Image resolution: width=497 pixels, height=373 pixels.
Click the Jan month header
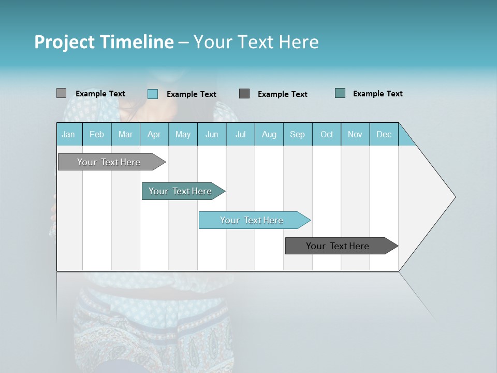(x=68, y=134)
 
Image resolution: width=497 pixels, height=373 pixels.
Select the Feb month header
(x=97, y=134)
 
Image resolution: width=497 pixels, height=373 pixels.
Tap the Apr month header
(x=154, y=134)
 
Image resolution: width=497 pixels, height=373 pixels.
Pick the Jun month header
(x=212, y=134)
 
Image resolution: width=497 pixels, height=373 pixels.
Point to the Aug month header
(x=269, y=134)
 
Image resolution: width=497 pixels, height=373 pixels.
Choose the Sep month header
(x=297, y=134)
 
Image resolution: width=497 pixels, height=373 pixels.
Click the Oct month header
(x=327, y=134)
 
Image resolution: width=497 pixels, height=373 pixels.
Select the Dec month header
(x=384, y=134)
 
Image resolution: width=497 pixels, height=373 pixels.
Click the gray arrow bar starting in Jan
(x=109, y=162)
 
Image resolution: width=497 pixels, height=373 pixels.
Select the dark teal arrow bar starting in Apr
(x=180, y=191)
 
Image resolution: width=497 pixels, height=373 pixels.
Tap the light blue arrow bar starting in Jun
(x=252, y=220)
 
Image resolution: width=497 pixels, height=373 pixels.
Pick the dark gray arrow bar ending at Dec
(x=338, y=246)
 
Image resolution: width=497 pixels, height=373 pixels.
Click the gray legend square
(x=61, y=93)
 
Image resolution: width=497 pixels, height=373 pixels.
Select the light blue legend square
(x=152, y=94)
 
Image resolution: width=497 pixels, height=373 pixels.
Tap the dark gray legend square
(x=244, y=94)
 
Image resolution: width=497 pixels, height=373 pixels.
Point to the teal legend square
(x=340, y=93)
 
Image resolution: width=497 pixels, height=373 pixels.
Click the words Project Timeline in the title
(x=104, y=42)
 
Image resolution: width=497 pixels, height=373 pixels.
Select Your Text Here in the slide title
(x=256, y=42)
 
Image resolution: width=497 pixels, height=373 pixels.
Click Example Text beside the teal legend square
(x=377, y=94)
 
